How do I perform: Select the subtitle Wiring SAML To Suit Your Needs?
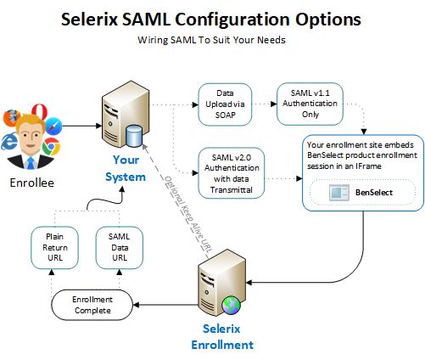[211, 39]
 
